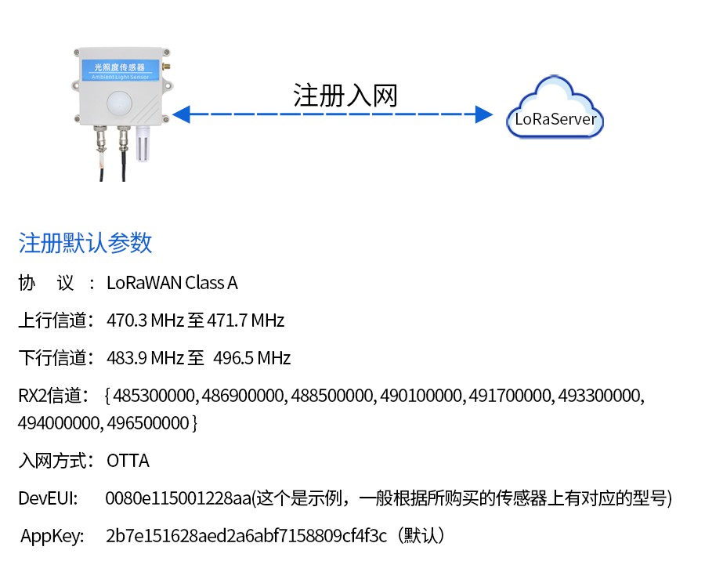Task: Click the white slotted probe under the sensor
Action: click(x=143, y=143)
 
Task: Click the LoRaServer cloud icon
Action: click(x=555, y=110)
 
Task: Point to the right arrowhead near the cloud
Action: click(x=484, y=115)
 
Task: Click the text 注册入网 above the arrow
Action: click(x=345, y=95)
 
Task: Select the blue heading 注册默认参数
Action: click(x=85, y=243)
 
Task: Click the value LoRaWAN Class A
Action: click(x=172, y=283)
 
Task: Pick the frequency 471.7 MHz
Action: click(x=245, y=320)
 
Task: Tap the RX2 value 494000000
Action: click(x=60, y=423)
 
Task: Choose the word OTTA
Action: click(x=128, y=461)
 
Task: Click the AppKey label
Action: click(x=52, y=537)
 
